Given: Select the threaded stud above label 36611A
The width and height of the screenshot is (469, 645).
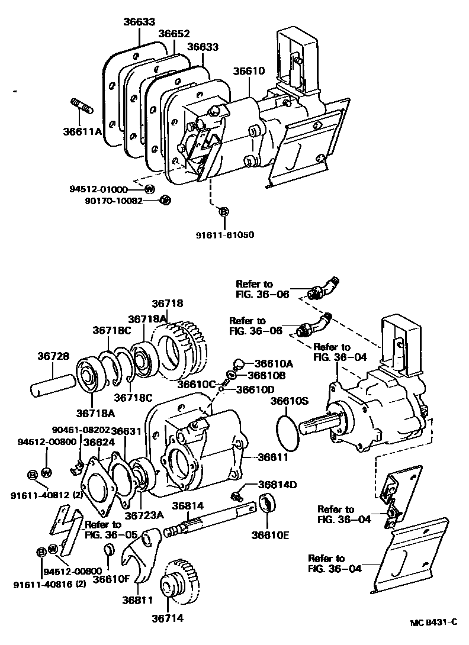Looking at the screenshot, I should (82, 107).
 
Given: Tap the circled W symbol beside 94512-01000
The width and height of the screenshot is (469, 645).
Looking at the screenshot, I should (150, 189).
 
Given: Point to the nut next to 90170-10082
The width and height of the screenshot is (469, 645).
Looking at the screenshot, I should (166, 200).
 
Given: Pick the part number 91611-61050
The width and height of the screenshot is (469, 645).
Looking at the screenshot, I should (224, 235).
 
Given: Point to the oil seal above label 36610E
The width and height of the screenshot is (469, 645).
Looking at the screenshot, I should (267, 505).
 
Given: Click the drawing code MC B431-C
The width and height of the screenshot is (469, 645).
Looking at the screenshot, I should (434, 623).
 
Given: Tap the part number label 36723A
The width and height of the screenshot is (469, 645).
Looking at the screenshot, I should (143, 514).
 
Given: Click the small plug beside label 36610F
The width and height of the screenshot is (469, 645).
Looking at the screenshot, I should (110, 552).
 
